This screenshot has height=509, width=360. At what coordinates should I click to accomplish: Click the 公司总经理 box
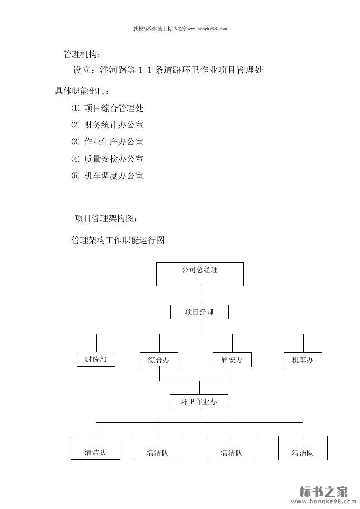(200, 274)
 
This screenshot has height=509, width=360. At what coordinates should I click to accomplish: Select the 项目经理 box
(199, 312)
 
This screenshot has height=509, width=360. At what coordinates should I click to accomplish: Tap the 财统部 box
(95, 359)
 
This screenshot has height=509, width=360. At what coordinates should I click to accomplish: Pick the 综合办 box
(159, 360)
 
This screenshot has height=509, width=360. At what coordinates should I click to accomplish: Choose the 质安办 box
(232, 360)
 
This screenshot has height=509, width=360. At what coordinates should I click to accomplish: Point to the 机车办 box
(303, 360)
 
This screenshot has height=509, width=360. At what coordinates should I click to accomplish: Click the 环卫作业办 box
(199, 401)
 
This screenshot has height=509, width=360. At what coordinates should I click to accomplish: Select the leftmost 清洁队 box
(95, 447)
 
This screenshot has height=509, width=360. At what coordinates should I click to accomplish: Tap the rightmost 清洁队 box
(303, 447)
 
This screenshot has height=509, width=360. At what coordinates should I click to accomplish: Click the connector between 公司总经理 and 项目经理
(200, 295)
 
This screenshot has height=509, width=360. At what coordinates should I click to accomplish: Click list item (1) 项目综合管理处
(108, 108)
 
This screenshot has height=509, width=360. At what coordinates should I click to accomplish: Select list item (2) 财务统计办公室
(108, 125)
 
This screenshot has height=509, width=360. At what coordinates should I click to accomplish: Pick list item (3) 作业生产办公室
(108, 142)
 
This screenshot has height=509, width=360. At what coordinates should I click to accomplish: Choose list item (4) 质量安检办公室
(108, 159)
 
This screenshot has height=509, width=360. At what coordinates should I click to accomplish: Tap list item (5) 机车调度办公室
(108, 176)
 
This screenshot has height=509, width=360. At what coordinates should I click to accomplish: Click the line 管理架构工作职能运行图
(118, 240)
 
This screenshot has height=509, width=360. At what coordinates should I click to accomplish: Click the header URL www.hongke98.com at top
(207, 29)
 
